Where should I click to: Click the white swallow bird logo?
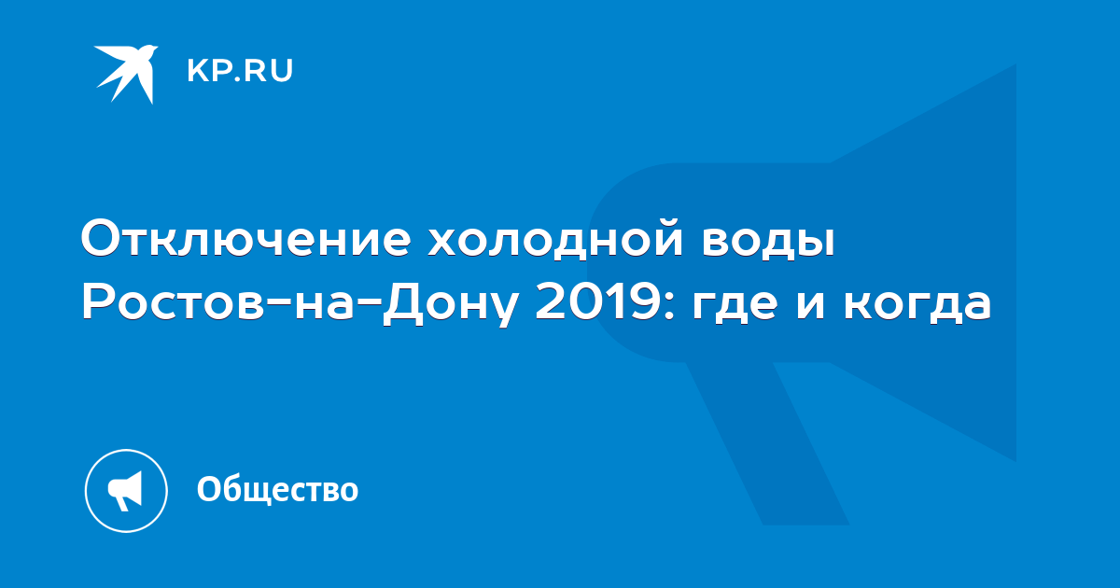126,74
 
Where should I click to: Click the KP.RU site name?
240,71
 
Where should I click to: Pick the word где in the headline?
735,305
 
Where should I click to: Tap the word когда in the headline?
917,305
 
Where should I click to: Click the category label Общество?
277,489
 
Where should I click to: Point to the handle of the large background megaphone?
767,443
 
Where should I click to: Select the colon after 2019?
670,305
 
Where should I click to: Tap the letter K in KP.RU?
197,71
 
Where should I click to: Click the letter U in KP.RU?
283,71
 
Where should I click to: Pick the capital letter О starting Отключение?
103,237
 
